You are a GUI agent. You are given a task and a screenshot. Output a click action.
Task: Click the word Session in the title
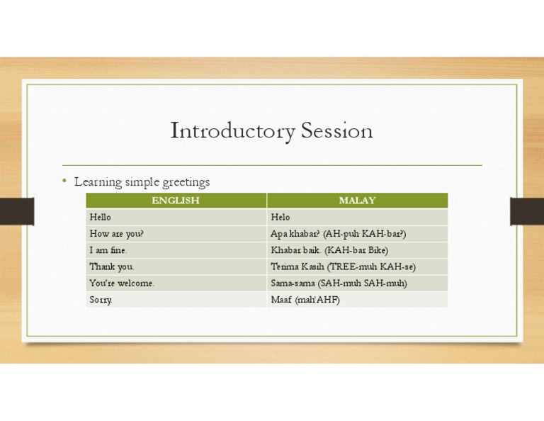(336, 132)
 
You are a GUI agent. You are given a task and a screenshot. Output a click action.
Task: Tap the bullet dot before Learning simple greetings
(64, 181)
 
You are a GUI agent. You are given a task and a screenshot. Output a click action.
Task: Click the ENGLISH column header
(176, 201)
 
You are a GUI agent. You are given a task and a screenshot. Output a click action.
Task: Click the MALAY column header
(357, 201)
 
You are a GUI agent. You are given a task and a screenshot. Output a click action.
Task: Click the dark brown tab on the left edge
(16, 211)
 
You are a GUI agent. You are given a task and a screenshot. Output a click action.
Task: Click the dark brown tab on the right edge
(527, 211)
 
